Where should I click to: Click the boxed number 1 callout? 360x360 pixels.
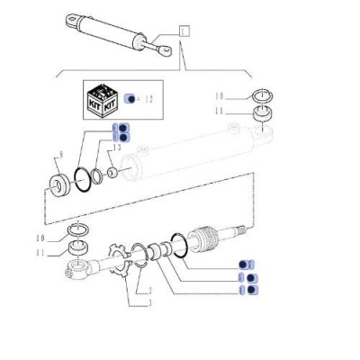(x=185, y=31)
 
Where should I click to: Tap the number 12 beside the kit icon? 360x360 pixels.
(x=149, y=98)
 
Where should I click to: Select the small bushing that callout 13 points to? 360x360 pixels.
(x=112, y=170)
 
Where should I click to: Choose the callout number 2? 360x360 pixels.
(x=149, y=291)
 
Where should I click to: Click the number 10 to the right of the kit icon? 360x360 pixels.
(x=220, y=94)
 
